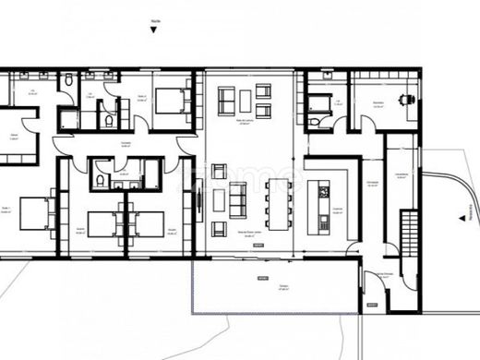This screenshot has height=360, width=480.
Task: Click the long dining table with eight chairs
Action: [x=278, y=203]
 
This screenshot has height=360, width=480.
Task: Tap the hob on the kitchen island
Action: [x=324, y=192]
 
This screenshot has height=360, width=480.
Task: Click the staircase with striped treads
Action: [x=405, y=235]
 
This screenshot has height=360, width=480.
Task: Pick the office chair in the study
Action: [x=403, y=99]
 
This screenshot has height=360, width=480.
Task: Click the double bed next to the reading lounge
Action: [x=171, y=99]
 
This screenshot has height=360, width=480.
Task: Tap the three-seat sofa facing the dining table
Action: [x=237, y=199]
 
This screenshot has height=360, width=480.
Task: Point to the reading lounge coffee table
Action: [x=245, y=100]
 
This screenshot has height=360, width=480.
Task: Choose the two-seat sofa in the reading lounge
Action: [x=226, y=101]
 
